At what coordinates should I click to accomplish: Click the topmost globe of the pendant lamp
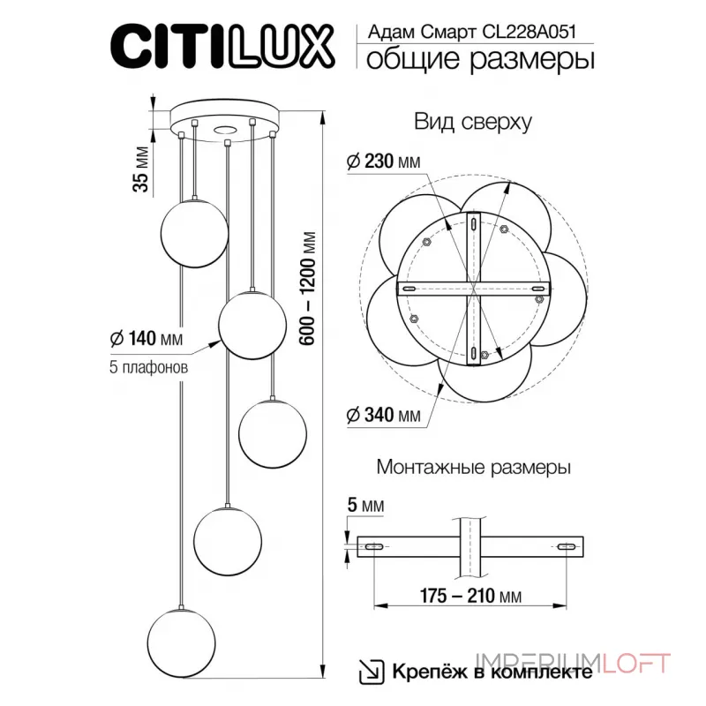pyautogui.click(x=193, y=231)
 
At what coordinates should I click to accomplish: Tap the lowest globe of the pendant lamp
pyautogui.click(x=181, y=642)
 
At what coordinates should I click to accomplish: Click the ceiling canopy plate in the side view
pyautogui.click(x=226, y=119)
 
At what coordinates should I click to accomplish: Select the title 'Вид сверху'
pyautogui.click(x=472, y=123)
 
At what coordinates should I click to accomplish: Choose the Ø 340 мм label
pyautogui.click(x=382, y=415)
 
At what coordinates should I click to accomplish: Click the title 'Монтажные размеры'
pyautogui.click(x=472, y=466)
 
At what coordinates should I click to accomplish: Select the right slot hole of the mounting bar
pyautogui.click(x=565, y=548)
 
